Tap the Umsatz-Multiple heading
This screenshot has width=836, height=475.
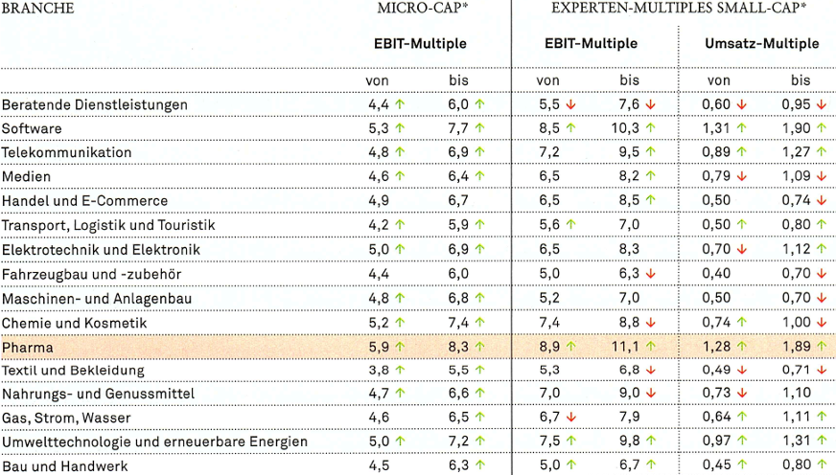[761, 44]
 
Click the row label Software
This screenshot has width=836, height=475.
[32, 128]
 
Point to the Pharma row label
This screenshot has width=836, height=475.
[28, 347]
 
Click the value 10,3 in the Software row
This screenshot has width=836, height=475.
[627, 128]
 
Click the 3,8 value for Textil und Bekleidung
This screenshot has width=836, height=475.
[379, 371]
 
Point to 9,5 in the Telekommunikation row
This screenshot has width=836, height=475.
[629, 152]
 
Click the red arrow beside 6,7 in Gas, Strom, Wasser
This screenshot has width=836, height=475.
[569, 418]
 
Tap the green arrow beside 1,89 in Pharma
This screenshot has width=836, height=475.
[823, 347]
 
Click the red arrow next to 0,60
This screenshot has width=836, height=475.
[742, 104]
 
